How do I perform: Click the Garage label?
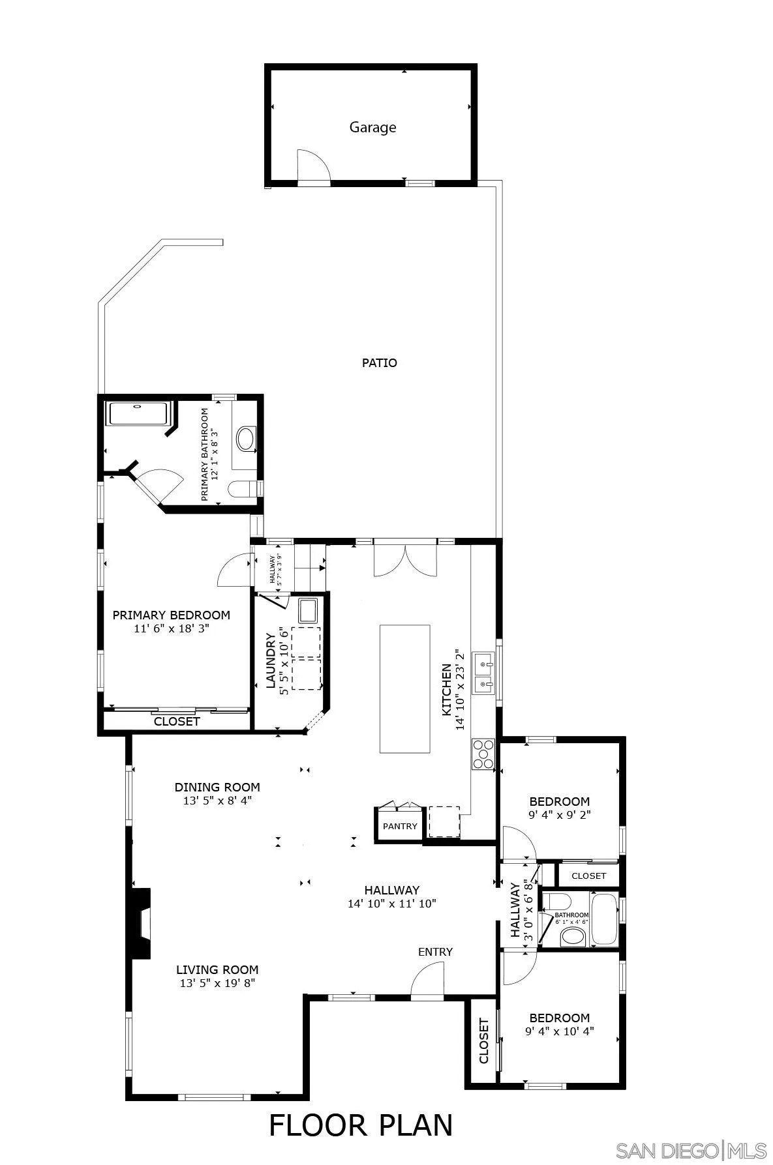pyautogui.click(x=372, y=127)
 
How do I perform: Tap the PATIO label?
pyautogui.click(x=379, y=362)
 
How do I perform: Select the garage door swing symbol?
pyautogui.click(x=312, y=167)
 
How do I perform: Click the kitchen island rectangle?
pyautogui.click(x=405, y=688)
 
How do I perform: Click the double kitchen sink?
pyautogui.click(x=483, y=673)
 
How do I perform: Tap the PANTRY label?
pyautogui.click(x=400, y=826)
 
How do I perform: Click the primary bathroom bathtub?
pyautogui.click(x=138, y=414)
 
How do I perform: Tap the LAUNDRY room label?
pyautogui.click(x=269, y=660)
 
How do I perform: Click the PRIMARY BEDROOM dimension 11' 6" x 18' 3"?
pyautogui.click(x=171, y=629)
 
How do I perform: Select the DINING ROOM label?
pyautogui.click(x=217, y=787)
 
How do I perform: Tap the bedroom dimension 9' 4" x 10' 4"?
pyautogui.click(x=559, y=1031)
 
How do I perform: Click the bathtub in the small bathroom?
pyautogui.click(x=604, y=920)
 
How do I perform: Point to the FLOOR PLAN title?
pyautogui.click(x=361, y=1125)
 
